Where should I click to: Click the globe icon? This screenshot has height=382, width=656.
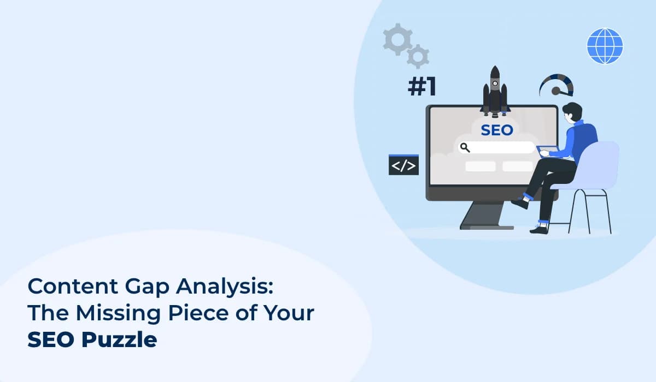click(605, 46)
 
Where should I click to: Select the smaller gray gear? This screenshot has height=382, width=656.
click(418, 56)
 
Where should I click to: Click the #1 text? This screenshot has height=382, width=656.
click(422, 88)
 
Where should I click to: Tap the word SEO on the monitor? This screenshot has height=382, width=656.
click(496, 130)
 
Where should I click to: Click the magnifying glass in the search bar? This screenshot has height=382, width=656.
click(465, 147)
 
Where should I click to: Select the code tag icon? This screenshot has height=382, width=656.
click(403, 166)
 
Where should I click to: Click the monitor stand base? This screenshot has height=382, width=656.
click(487, 225)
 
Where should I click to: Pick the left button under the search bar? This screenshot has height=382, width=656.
click(480, 166)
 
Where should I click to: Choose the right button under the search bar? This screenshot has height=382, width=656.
click(517, 166)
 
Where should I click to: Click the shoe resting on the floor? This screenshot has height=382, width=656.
click(538, 228)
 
